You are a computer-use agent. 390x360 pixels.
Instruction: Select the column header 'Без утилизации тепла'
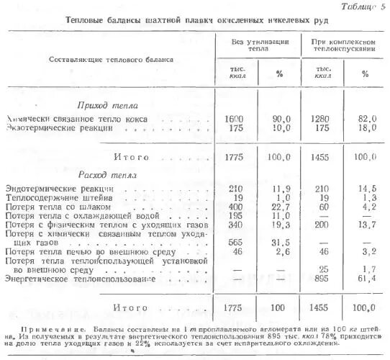point(260,48)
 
